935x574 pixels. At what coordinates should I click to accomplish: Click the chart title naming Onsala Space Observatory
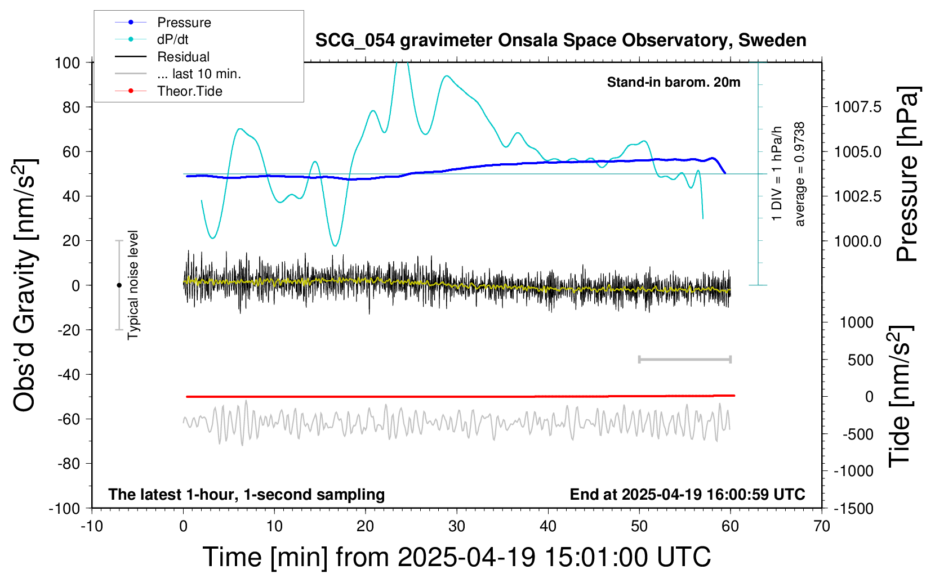(x=560, y=41)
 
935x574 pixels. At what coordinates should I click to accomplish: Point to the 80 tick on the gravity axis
(x=71, y=107)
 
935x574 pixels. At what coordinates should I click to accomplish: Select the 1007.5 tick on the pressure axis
(x=858, y=107)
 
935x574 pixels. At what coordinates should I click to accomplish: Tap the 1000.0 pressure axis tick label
(x=858, y=241)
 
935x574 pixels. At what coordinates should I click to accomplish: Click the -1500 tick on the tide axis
(x=854, y=508)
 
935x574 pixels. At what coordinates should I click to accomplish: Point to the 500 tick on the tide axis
(x=861, y=360)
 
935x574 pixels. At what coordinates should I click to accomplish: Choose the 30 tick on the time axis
(x=457, y=526)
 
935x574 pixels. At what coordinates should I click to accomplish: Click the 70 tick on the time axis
(x=822, y=526)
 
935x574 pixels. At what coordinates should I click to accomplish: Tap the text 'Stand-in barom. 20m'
(x=674, y=82)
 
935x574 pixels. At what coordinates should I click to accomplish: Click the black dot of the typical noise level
(x=119, y=285)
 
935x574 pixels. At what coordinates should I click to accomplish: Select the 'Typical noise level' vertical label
(x=133, y=285)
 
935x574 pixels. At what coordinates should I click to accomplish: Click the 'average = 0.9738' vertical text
(x=800, y=174)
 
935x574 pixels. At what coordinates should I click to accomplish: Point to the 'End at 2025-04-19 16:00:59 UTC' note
(x=687, y=494)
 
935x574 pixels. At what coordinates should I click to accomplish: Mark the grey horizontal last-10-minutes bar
(x=685, y=359)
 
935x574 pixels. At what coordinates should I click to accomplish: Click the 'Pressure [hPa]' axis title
(x=908, y=174)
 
